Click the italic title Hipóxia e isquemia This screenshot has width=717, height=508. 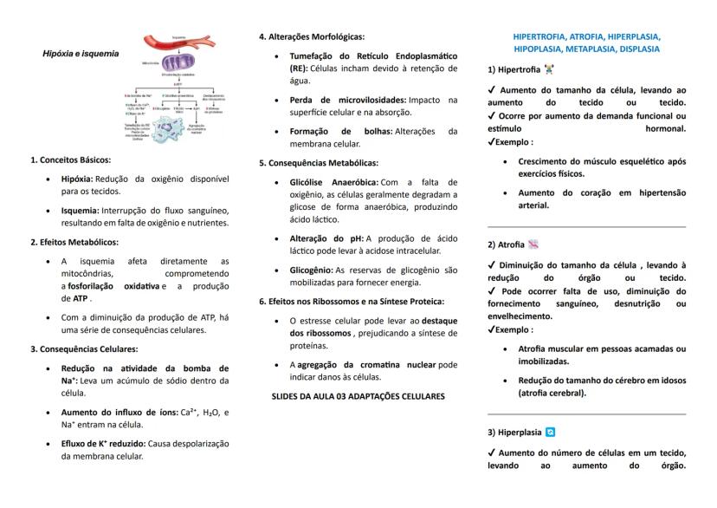coord(81,53)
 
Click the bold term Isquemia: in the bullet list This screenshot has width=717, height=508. coord(80,210)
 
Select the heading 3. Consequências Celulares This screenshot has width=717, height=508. coord(84,349)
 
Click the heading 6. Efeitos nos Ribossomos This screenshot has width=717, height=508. coord(351,302)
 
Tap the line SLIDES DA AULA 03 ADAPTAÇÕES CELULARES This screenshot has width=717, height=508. coord(352,396)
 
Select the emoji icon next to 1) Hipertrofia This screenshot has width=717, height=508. coord(549,69)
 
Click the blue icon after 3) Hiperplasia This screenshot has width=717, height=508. coord(551,432)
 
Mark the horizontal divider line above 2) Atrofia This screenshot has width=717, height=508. coord(586,226)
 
